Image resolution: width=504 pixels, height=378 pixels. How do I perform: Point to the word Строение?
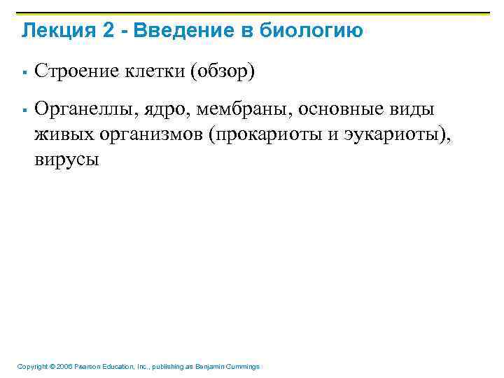[71, 71]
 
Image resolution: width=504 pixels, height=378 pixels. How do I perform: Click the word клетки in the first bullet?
[149, 71]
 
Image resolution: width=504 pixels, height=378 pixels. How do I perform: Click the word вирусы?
[66, 160]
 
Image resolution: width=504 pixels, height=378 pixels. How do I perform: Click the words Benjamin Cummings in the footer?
[230, 367]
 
